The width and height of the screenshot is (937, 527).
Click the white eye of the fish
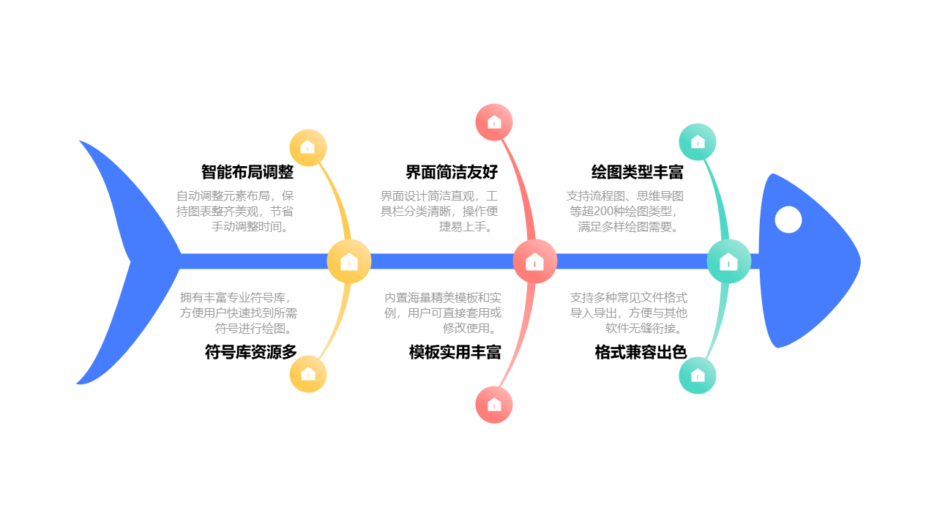pos(788,220)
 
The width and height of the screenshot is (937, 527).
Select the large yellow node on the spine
pos(349,261)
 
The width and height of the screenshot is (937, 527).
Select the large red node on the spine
pos(535,261)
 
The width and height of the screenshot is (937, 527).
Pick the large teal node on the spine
pos(728,261)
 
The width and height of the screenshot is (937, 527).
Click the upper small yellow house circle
pos(308,148)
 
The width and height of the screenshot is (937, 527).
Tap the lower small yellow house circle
pos(308,374)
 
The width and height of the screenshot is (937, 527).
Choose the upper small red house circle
pos(494,122)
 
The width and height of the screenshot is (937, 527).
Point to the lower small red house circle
pos(494,405)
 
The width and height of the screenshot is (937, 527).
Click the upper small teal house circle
pos(698,142)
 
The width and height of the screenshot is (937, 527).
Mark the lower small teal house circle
pos(698,375)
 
